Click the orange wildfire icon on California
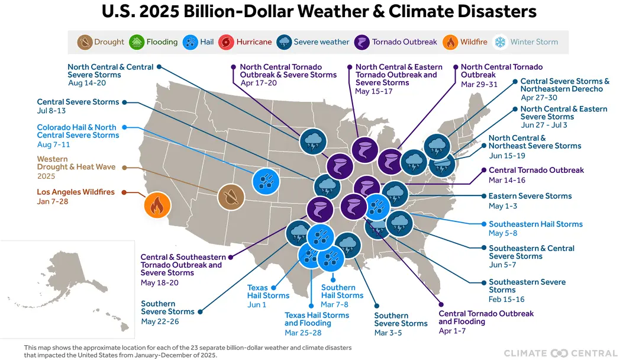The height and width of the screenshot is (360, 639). coord(157,205)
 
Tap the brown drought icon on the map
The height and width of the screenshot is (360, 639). coord(231,197)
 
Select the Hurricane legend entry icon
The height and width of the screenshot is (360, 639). coord(226,42)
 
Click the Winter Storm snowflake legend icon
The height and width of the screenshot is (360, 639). coord(500,42)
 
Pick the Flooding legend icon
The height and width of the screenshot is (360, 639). coord(137,42)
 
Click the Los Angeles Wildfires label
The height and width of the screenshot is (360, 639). coord(76,192)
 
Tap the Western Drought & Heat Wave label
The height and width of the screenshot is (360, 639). coord(76,163)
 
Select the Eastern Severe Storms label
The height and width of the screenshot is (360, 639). coord(530,196)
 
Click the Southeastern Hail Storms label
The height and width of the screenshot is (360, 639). coord(535,224)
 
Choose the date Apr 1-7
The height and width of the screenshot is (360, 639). coord(452,331)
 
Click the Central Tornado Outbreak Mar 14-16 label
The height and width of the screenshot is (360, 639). coord(536,171)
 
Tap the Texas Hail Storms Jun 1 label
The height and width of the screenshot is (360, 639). coord(268,291)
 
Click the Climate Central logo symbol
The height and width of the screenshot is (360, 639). coord(559,353)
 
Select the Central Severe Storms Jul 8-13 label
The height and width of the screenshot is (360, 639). coord(78,102)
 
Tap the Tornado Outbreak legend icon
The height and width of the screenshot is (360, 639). coord(362,42)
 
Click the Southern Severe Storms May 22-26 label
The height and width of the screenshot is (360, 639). coord(167,308)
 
